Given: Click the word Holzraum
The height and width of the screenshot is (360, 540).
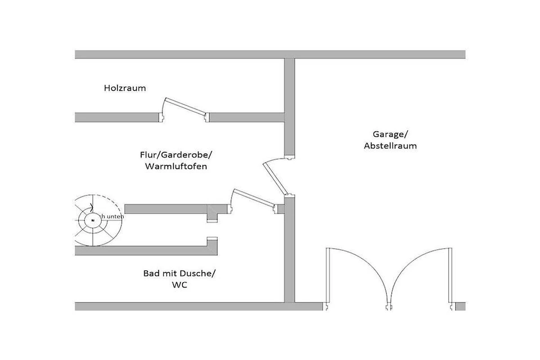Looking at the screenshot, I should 125,88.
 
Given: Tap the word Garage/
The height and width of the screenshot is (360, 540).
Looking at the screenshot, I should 390,134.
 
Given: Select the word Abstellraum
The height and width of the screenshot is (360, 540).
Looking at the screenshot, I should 390,146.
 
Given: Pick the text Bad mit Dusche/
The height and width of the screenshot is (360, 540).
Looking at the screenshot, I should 182,273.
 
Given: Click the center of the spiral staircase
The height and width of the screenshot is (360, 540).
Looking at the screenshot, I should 93,220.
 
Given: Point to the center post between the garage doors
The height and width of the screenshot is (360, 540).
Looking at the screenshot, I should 389,307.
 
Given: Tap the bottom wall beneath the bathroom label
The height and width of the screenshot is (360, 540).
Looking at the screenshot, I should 180,306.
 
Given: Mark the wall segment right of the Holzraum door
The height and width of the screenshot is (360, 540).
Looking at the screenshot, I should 247,117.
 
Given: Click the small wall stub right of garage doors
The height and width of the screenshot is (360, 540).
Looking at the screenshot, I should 460,306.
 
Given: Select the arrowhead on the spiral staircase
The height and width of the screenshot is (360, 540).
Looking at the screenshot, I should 92,208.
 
